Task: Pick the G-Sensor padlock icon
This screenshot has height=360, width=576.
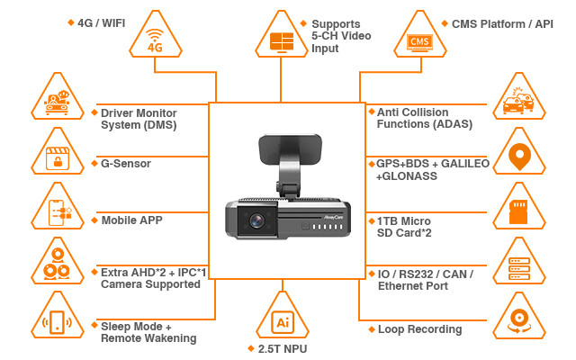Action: tap(58, 157)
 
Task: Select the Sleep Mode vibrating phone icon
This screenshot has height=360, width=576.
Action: tap(58, 324)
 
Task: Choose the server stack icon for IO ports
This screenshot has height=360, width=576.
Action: tap(517, 266)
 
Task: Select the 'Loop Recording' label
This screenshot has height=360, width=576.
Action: tap(419, 329)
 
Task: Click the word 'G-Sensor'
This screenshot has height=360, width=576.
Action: tap(125, 164)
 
